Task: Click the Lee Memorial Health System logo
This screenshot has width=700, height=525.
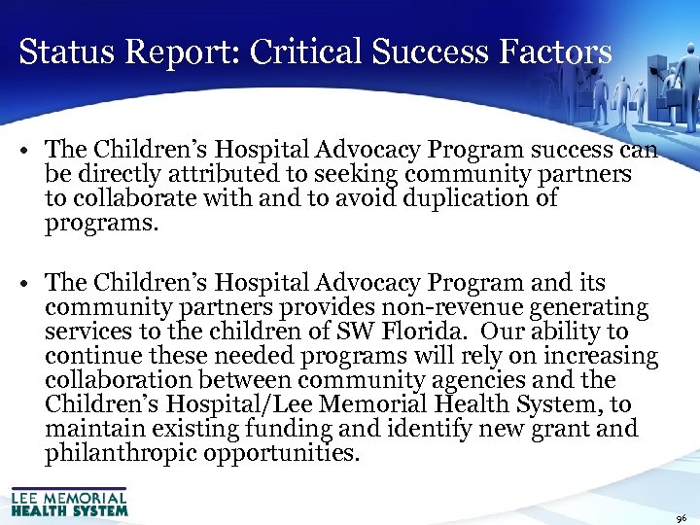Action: (69, 501)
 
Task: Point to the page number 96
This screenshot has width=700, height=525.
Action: (681, 518)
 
